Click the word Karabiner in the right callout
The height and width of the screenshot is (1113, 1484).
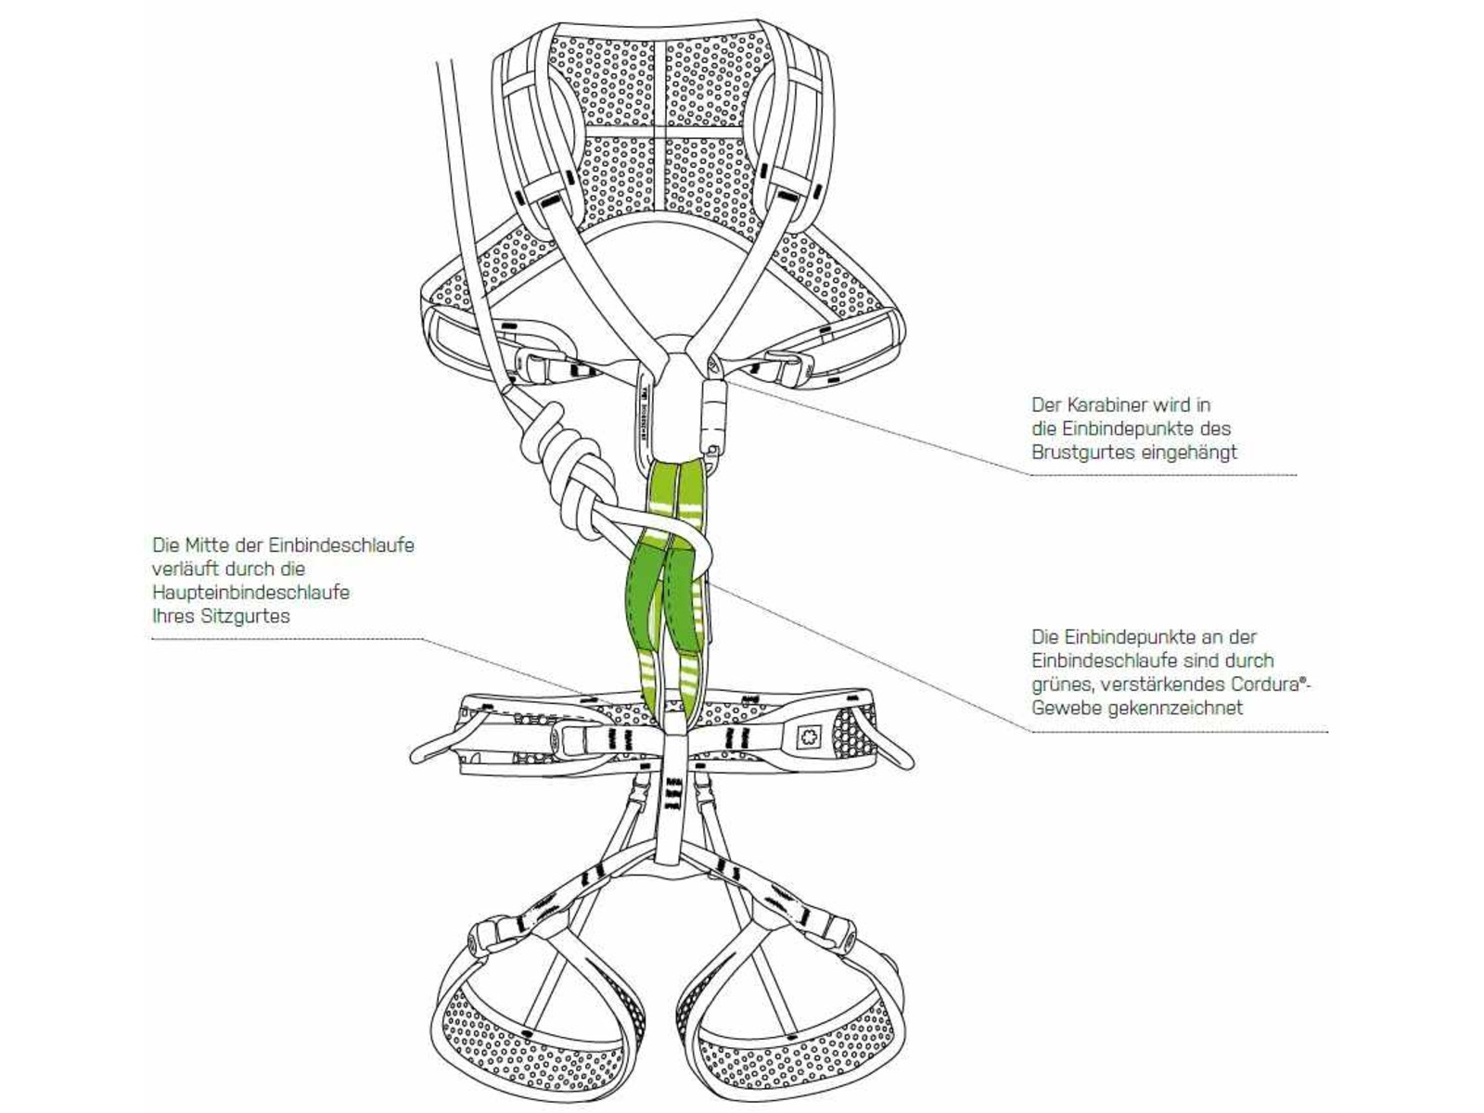point(1104,405)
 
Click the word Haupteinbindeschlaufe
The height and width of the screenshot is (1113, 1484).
point(250,592)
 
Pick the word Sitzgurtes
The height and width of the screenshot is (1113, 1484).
point(246,616)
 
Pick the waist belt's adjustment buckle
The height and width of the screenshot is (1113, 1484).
point(569,739)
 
